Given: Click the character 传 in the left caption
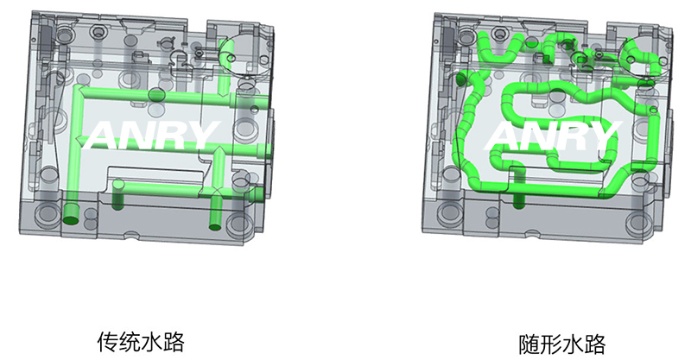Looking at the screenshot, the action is (107, 342).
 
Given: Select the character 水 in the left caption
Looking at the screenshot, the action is (151, 342).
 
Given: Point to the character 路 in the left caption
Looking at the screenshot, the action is (174, 342).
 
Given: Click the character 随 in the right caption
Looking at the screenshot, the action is (529, 344).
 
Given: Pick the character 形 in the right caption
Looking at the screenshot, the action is (551, 344).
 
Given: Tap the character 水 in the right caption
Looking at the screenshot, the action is (573, 344).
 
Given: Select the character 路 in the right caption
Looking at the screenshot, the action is (595, 344).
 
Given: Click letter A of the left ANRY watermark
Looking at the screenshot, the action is (102, 135).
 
